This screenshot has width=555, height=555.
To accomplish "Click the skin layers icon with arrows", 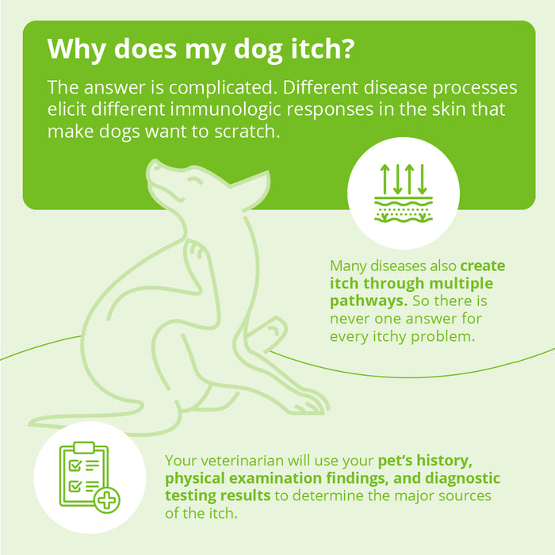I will [404, 193].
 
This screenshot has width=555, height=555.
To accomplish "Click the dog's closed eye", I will [193, 182].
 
